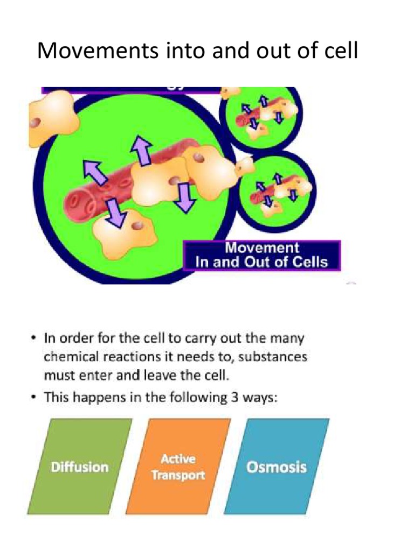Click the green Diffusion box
coord(79,467)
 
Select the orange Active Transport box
coord(178,467)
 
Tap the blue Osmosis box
coord(276,466)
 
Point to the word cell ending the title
coord(340,52)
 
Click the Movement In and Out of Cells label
coord(262,256)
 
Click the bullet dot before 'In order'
coord(34,339)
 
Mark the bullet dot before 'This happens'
coord(34,398)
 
